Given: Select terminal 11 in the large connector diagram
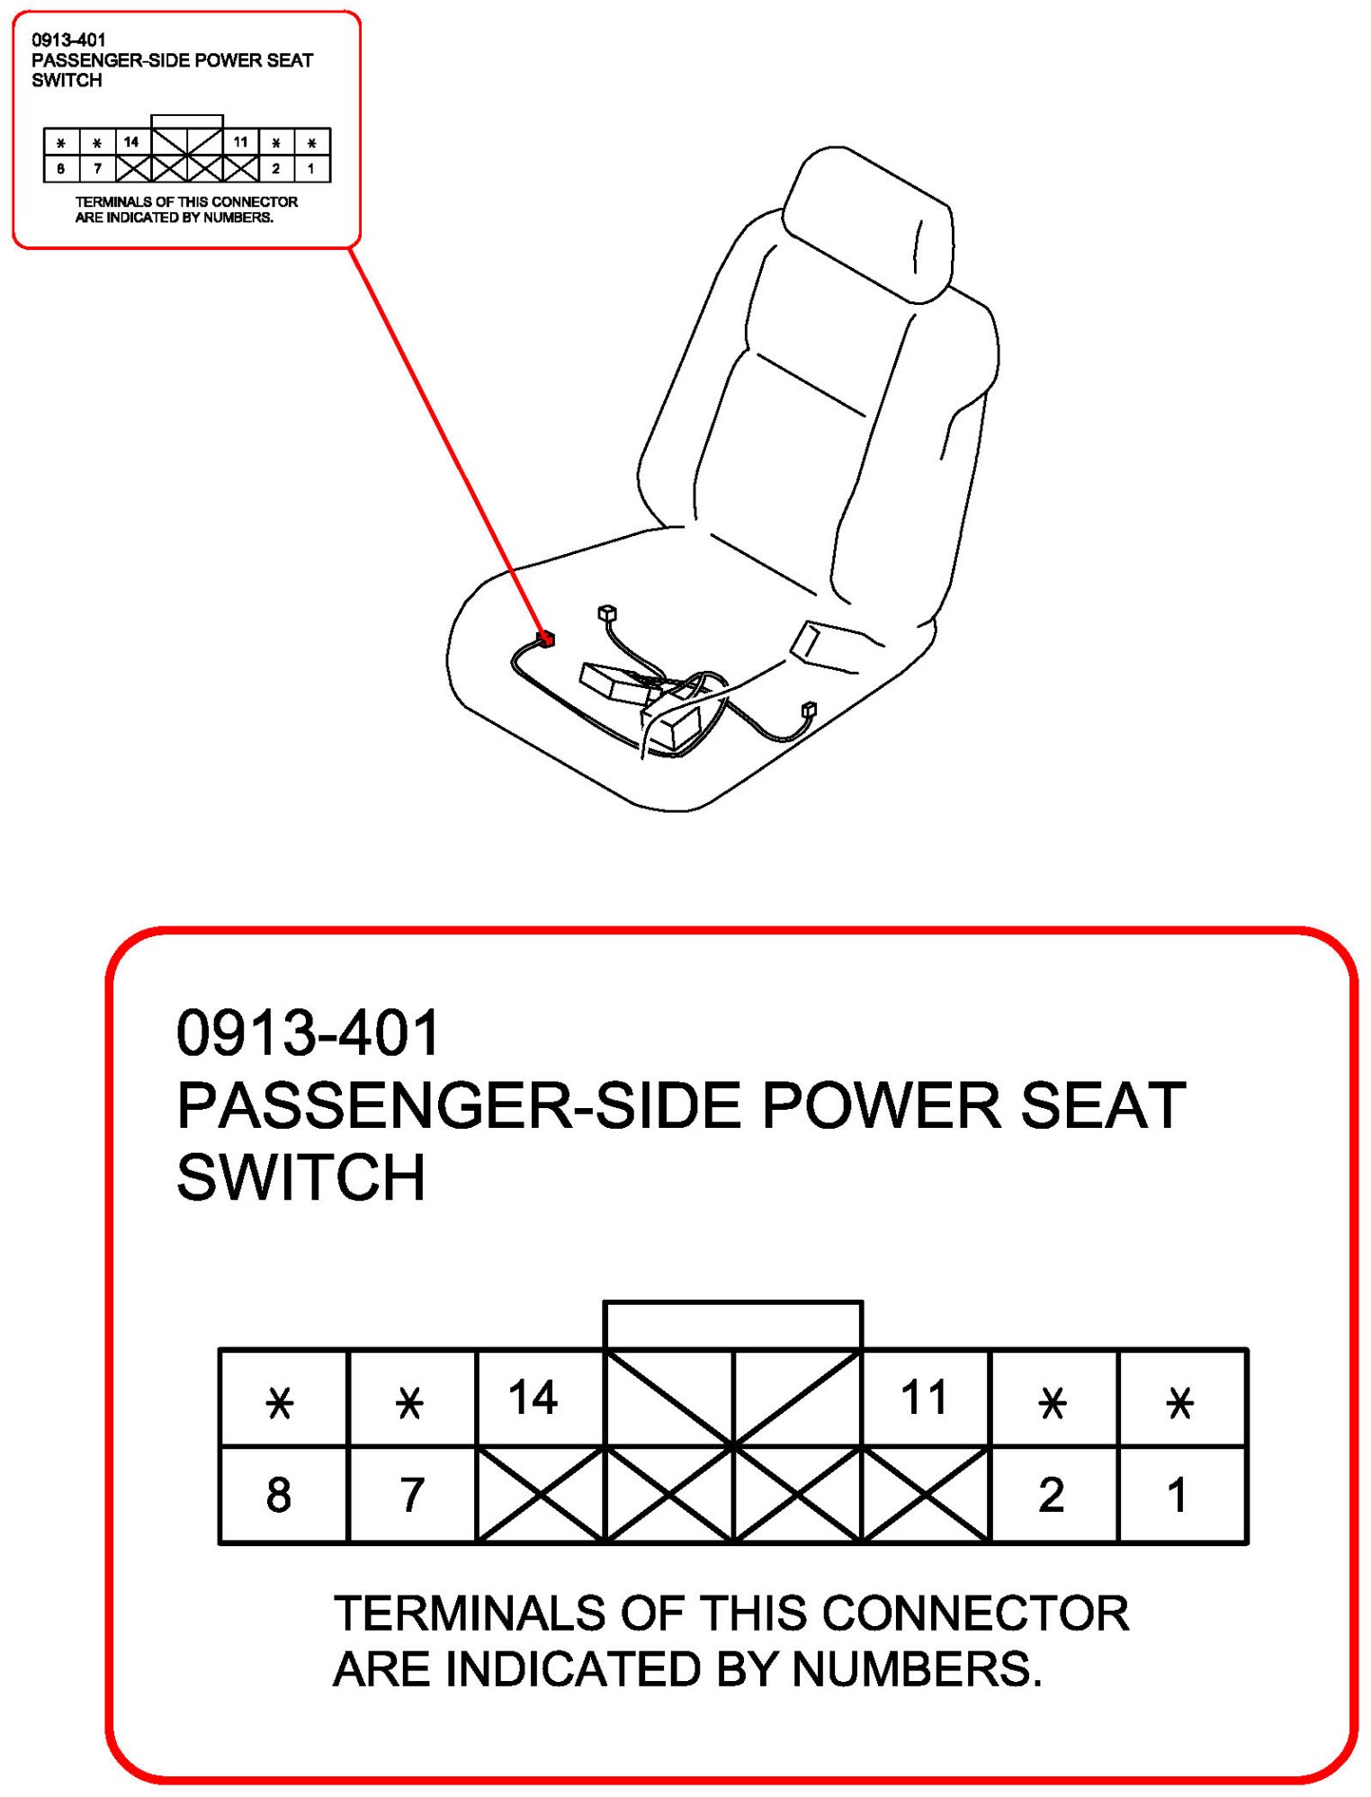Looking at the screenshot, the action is click(x=926, y=1397).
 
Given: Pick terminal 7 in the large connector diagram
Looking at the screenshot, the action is click(x=412, y=1494).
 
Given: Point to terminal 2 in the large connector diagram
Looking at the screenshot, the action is click(x=1053, y=1494).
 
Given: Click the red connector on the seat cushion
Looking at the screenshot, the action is click(x=545, y=639).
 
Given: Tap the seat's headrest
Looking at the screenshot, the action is click(x=867, y=224).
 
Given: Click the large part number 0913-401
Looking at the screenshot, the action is click(x=308, y=1033).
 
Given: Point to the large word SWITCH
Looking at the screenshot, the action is click(x=300, y=1178).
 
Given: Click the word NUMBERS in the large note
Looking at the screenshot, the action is click(x=917, y=1669).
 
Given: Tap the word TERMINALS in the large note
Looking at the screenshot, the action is click(x=470, y=1614).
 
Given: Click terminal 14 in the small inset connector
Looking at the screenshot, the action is click(x=131, y=142).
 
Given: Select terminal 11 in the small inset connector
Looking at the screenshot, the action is click(x=240, y=142).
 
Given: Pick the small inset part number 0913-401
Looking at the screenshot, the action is click(x=68, y=40).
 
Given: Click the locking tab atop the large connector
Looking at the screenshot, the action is click(x=733, y=1324).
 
